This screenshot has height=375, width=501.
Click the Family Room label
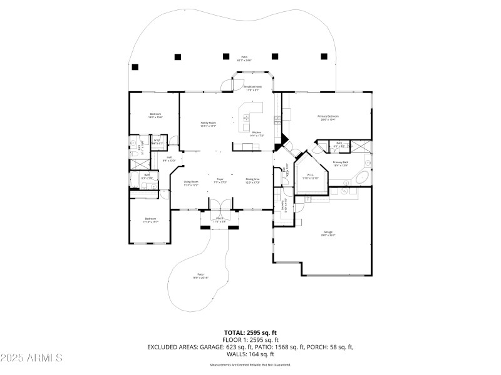click(x=208, y=124)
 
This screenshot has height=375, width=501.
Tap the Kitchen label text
click(x=257, y=134)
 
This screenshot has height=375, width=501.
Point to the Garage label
click(x=328, y=234)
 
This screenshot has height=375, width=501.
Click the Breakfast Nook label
click(x=252, y=88)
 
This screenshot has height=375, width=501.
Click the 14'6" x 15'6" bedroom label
click(x=155, y=115)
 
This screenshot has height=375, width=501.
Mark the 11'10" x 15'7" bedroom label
click(x=151, y=220)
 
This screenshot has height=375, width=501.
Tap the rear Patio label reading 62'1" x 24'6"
click(x=244, y=59)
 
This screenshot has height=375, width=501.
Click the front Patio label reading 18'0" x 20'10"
click(x=200, y=276)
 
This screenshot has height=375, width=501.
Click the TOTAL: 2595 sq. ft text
click(x=250, y=332)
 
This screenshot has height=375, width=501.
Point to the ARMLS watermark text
click(x=31, y=358)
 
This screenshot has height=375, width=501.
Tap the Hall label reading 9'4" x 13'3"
click(x=169, y=159)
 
